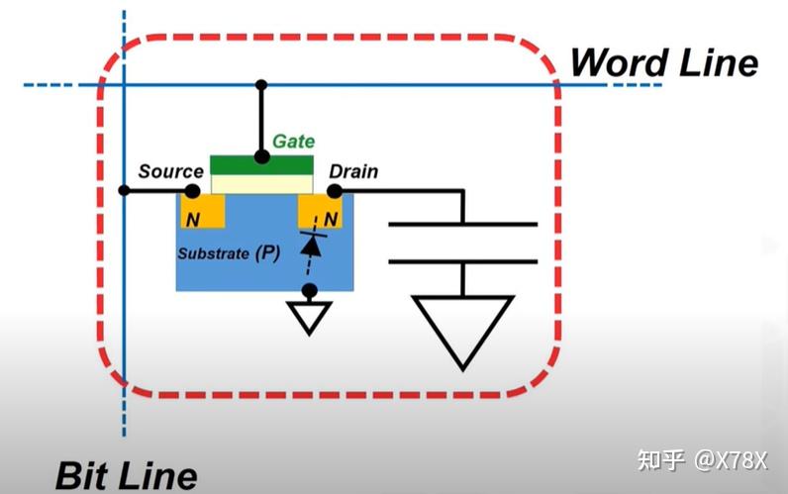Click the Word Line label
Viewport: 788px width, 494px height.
(x=664, y=62)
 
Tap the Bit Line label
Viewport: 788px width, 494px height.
(x=126, y=475)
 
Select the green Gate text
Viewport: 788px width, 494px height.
(x=293, y=142)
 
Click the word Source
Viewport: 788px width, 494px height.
(x=171, y=171)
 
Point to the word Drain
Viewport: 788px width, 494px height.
(x=353, y=171)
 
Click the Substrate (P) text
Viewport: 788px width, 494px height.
(x=229, y=252)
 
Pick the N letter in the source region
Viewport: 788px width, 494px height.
(x=193, y=220)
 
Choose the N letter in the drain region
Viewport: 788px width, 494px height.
(x=331, y=219)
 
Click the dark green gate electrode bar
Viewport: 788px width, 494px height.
(x=261, y=165)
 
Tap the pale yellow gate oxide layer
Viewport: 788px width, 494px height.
(x=261, y=184)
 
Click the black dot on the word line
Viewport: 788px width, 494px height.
(x=261, y=85)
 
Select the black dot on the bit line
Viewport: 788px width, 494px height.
(x=124, y=190)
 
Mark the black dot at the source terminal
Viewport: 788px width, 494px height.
(x=192, y=191)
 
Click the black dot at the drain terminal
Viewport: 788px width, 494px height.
(x=335, y=191)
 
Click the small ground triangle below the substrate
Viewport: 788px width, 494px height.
(x=309, y=314)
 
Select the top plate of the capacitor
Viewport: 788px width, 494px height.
(x=463, y=224)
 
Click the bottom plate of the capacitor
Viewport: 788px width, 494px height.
(x=463, y=261)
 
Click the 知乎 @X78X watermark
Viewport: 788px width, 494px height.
(x=703, y=459)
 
